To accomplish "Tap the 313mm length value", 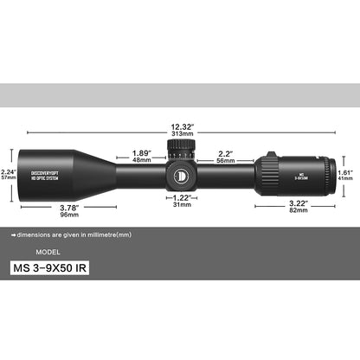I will [182, 136].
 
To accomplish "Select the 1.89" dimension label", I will [142, 153].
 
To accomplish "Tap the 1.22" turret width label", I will [183, 196].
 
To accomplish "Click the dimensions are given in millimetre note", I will [74, 235].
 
